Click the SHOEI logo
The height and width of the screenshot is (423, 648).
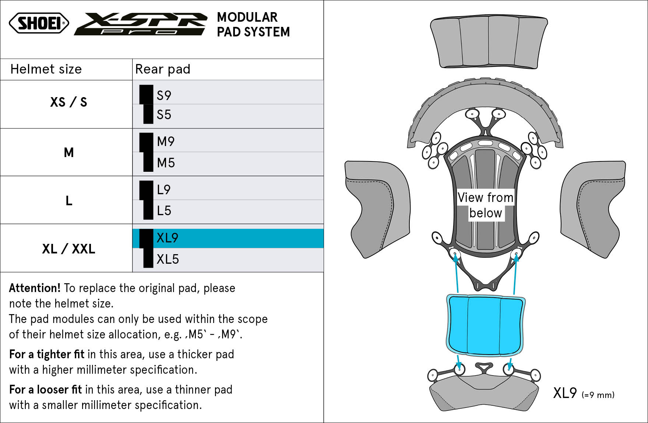(39, 23)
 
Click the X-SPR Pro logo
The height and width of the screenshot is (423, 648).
(141, 24)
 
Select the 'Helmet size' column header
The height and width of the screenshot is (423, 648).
(46, 69)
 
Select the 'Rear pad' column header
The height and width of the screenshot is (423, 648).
(163, 69)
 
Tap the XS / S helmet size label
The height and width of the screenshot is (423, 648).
(68, 102)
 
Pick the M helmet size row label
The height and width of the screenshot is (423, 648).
(69, 152)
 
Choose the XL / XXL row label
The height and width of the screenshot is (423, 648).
(68, 249)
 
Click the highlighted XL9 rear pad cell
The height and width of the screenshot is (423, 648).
(228, 238)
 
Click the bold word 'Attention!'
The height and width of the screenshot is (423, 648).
(35, 288)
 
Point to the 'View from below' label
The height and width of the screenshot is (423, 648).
(486, 205)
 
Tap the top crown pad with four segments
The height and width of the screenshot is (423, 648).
(489, 43)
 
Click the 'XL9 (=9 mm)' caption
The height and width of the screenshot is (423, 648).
(584, 393)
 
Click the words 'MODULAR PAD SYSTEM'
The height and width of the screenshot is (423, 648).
(253, 25)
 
